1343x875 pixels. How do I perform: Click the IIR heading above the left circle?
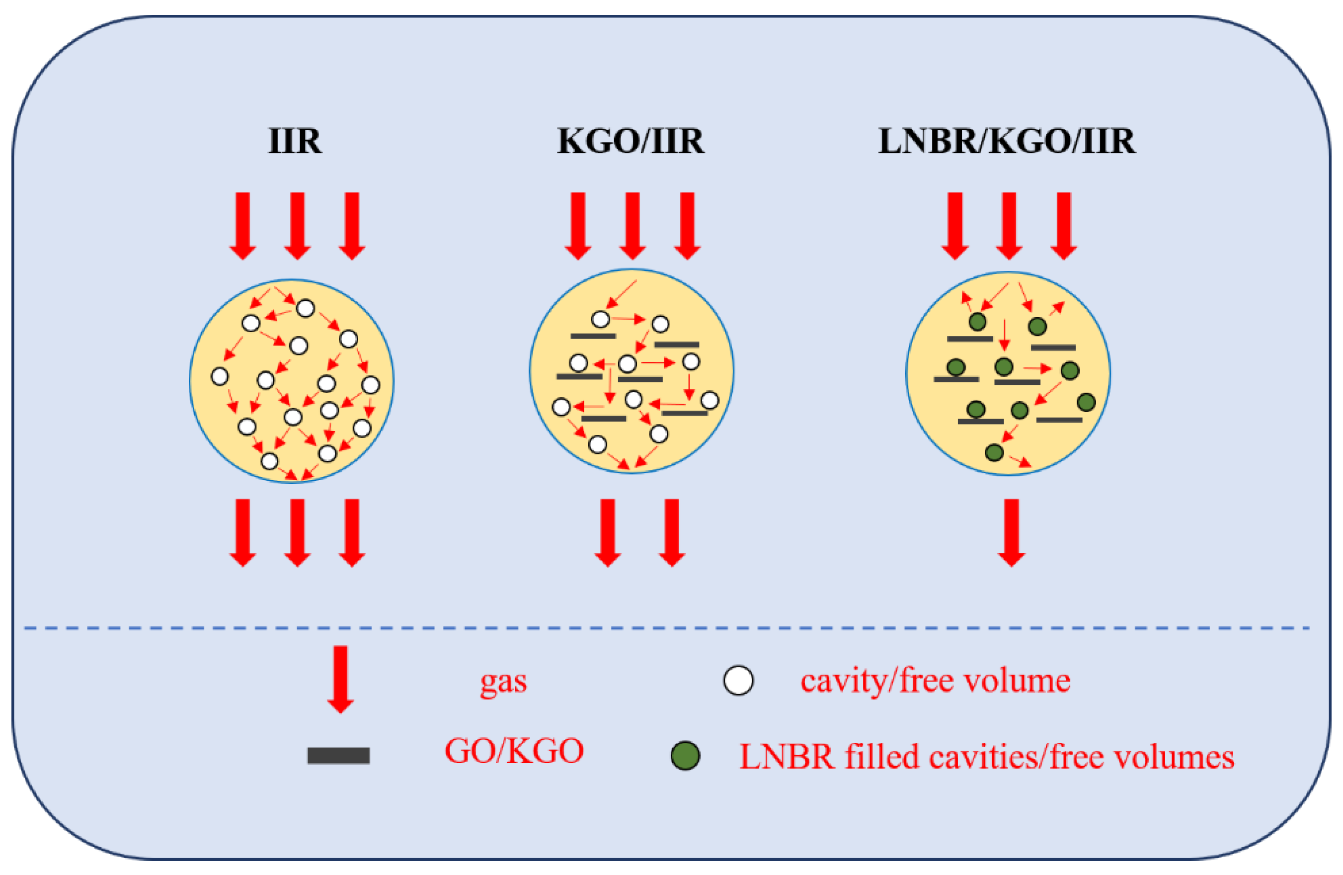pos(295,141)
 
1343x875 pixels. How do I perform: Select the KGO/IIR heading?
pos(631,141)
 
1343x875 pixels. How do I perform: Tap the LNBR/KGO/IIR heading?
pos(1007,141)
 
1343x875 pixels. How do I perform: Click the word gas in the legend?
pos(503,682)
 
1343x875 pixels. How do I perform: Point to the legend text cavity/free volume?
pos(935,680)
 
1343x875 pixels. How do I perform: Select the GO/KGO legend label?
pos(514,751)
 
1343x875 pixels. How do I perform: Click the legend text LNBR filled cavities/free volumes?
pos(986,757)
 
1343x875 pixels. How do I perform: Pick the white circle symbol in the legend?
pos(738,680)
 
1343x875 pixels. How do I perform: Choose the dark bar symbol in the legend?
pos(338,755)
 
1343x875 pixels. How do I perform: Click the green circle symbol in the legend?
pos(685,755)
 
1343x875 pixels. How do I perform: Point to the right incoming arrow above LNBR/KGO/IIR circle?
pos(1064,225)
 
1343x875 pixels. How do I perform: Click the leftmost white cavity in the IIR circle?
pos(220,376)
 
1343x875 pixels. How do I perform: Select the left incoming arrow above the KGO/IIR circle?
pos(578,225)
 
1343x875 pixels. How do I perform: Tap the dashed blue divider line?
pos(666,628)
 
